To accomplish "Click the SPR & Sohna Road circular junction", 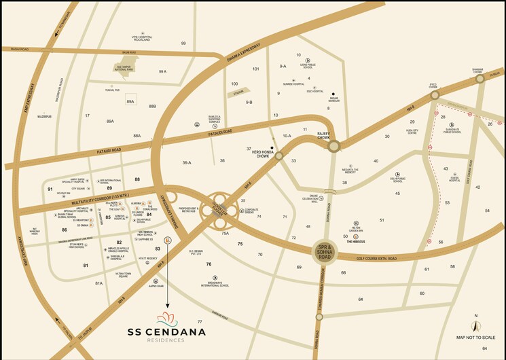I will [324, 252].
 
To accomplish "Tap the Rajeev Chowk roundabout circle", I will [333, 145].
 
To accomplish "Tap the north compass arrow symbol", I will [476, 325].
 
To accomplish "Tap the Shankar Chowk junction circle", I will [480, 79].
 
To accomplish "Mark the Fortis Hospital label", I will [454, 180].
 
